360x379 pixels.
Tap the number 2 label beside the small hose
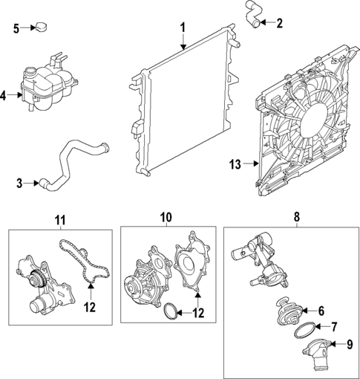click(279, 23)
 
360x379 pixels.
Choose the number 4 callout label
click(6, 94)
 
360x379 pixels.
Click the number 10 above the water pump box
click(166, 218)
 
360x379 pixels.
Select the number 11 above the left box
click(59, 219)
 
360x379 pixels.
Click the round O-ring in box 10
click(170, 312)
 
